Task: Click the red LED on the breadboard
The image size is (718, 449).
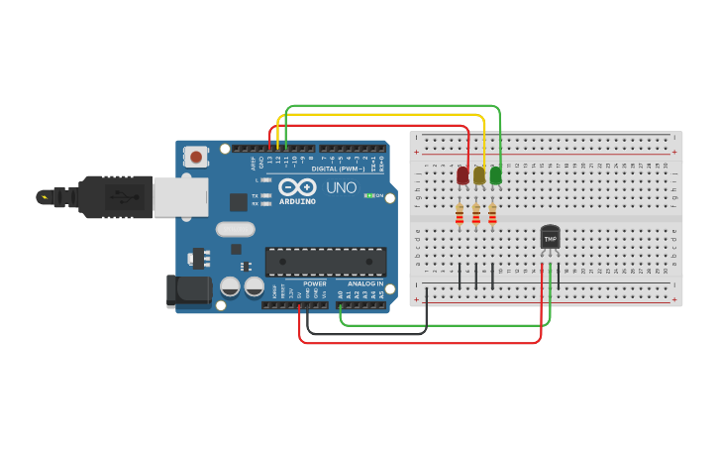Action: coord(462,175)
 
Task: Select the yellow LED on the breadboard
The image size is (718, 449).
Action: coord(479,175)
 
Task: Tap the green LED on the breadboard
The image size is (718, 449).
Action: coord(495,175)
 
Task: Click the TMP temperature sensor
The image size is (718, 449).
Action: coord(550,238)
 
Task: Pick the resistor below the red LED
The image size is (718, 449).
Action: coord(460,214)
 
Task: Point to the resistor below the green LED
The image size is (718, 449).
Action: coord(492,214)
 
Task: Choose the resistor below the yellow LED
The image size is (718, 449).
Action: coord(476,214)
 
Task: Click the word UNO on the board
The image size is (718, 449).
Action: coord(342,187)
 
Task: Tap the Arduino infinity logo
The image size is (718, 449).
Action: coord(296,187)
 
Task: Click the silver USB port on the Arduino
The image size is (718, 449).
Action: coord(180,196)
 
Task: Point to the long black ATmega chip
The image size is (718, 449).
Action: coord(325,261)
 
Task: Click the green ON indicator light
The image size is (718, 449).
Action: coord(368,195)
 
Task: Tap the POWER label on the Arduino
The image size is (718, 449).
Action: coord(314,283)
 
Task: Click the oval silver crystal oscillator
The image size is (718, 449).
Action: coord(235,229)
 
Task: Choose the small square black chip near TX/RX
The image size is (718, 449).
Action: coord(238,201)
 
